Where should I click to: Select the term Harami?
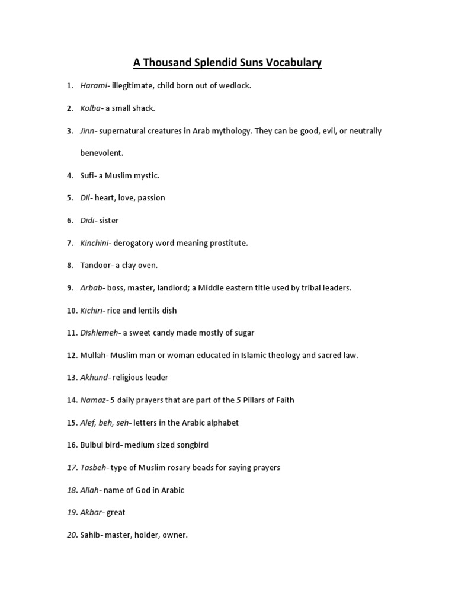coord(94,86)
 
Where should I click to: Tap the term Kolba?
coord(91,108)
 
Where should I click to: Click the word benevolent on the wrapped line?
coord(102,153)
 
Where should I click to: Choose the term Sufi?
coord(88,175)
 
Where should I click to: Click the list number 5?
coord(70,198)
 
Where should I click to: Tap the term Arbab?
coord(92,288)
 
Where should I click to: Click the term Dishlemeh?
coord(99,333)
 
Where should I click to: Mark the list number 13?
coord(72,378)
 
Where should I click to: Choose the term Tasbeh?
coord(93,468)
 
